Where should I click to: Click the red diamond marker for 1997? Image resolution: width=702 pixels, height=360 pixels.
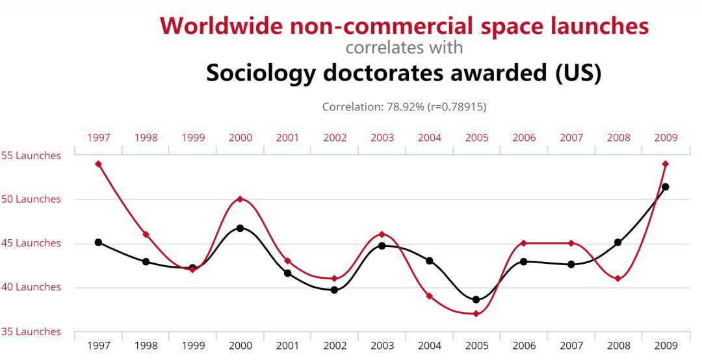[x=98, y=164]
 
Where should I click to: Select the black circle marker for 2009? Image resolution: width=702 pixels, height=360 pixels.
[x=665, y=187]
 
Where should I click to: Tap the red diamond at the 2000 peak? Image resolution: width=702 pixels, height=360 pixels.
[x=240, y=199]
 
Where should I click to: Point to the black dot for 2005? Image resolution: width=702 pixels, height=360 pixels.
[x=476, y=300]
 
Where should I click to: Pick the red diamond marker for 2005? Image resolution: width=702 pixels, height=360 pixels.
[x=476, y=314]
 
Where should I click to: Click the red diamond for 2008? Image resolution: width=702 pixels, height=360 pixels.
[x=617, y=279]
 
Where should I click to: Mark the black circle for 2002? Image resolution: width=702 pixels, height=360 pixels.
[x=335, y=290]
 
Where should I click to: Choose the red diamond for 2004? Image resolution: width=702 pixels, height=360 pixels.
[x=429, y=296]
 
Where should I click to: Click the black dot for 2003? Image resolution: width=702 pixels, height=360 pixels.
[x=382, y=246]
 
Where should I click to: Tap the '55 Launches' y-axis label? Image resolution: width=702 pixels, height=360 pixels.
[x=31, y=156]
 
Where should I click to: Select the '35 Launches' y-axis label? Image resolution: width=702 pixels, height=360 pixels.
[x=31, y=331]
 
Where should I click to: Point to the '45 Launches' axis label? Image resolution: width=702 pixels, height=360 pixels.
[x=31, y=244]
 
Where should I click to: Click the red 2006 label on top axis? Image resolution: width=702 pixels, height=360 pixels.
[x=524, y=138]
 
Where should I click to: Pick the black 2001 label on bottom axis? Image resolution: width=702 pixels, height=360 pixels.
[x=287, y=346]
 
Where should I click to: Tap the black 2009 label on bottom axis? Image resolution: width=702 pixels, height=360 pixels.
[x=666, y=346]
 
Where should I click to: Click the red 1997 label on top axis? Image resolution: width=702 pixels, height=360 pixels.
[x=99, y=138]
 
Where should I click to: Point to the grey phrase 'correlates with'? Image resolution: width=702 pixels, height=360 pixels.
[x=404, y=47]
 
